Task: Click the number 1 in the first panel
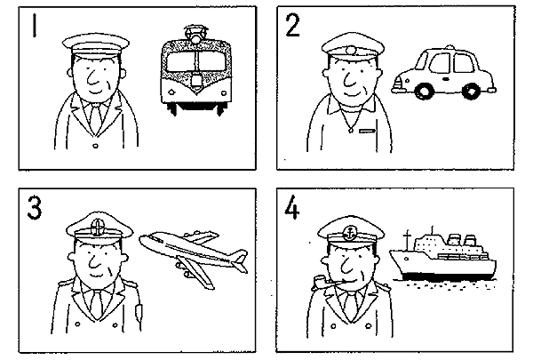pos(34,25)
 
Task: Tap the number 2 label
pos(292,26)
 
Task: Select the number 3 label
pos(35,208)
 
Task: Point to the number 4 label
pos(292,208)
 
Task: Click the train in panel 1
pos(195,71)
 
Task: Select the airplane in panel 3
pos(194,257)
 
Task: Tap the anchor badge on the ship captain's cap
pos(349,234)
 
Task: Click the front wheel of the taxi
pos(424,91)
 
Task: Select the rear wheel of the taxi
pos(472,91)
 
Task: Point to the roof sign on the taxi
pos(449,46)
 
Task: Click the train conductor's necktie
pos(96,117)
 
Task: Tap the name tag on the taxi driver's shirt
pos(368,131)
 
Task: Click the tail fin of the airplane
pos(240,260)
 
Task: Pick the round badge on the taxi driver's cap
pos(351,51)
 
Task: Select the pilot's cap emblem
pos(98,227)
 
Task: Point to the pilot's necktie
pos(97,304)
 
